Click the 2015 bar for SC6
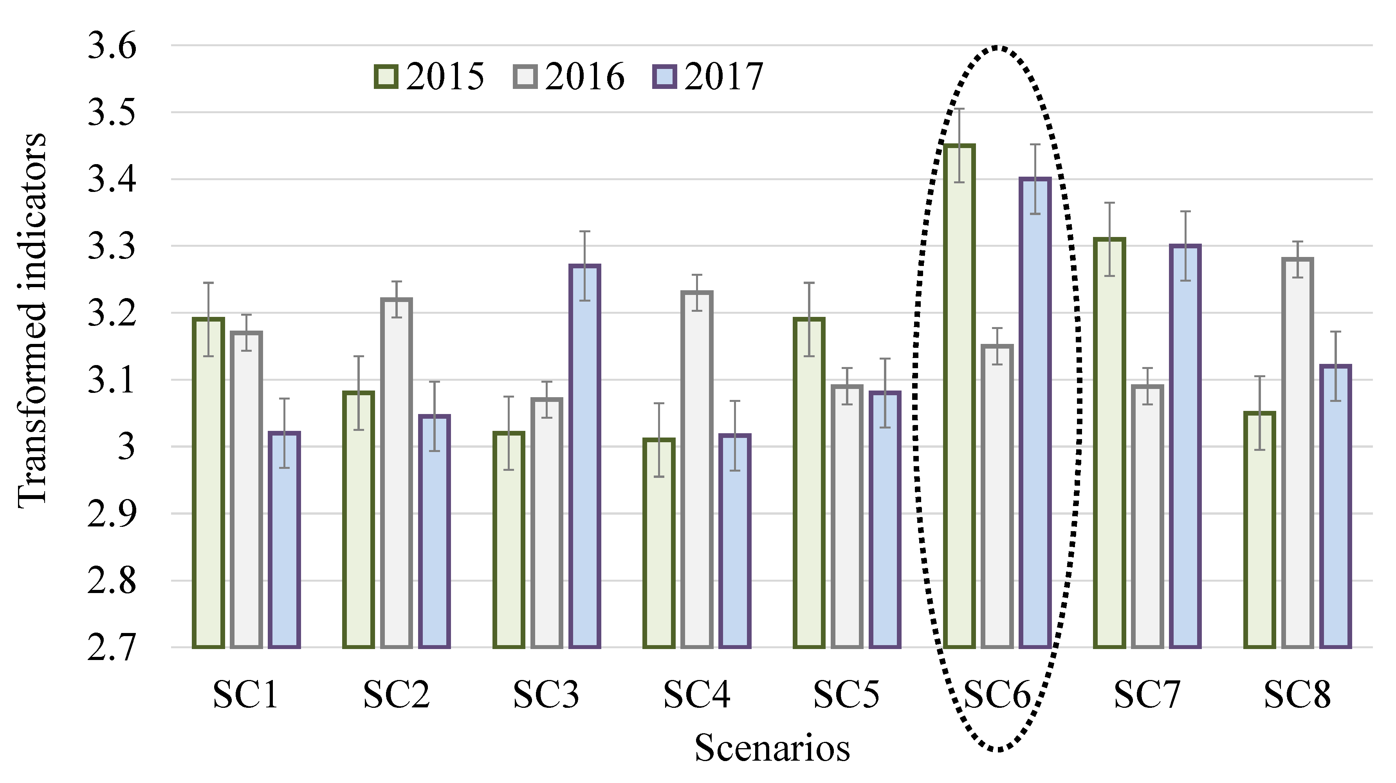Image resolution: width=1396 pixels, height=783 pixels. pos(959,396)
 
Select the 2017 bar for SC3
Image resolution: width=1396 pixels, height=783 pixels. pos(585,456)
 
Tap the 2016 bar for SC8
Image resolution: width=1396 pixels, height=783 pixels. pos(1297,453)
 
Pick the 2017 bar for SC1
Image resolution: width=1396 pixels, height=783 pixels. pos(284,539)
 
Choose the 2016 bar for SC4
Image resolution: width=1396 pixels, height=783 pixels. pos(697,469)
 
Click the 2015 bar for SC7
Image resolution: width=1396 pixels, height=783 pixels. pos(1109,442)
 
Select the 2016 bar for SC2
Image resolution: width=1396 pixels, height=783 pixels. pos(397,472)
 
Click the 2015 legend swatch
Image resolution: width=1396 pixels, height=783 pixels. pos(386,76)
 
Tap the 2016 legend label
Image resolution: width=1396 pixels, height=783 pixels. pos(585,76)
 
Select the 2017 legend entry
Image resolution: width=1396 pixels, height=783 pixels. pos(707,76)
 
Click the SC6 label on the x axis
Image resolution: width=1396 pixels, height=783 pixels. pos(997,694)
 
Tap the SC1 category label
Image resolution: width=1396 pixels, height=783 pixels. pos(246,694)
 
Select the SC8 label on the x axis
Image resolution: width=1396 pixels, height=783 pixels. pos(1297,694)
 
